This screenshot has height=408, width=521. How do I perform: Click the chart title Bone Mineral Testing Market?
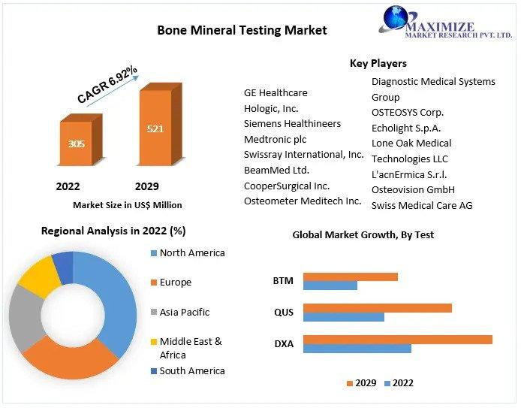(242, 30)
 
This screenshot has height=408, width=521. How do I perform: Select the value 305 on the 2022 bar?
(77, 144)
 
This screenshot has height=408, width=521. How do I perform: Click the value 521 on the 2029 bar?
(155, 128)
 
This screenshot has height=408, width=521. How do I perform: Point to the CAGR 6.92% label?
(107, 84)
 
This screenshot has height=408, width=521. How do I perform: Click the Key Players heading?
(378, 63)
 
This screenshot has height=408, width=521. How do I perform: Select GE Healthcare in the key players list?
(276, 92)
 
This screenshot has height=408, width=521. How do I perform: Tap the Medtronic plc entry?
(275, 139)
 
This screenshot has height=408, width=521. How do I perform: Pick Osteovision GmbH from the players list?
(413, 189)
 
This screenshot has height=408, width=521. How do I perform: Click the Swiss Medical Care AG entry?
(422, 205)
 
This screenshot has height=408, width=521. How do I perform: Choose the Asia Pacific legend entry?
(180, 313)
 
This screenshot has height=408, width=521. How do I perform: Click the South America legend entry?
(188, 370)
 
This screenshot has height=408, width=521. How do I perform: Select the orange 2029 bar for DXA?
(398, 340)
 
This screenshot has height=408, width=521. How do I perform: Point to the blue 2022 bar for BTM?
(330, 286)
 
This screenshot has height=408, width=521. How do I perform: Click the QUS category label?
(284, 313)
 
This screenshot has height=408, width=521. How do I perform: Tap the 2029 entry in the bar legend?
(362, 383)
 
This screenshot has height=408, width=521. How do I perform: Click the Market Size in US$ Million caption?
(128, 205)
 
